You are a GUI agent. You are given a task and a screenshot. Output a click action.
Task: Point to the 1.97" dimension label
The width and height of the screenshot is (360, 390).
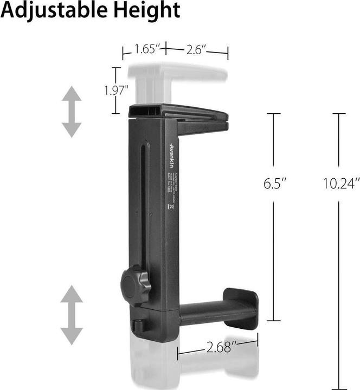click(116, 90)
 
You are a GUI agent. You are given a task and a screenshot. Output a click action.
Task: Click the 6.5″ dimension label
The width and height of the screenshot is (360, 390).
click(274, 183)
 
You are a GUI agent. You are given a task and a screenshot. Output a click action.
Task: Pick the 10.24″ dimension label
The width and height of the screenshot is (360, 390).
click(341, 183)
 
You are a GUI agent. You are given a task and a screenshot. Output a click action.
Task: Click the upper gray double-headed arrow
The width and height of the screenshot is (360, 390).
click(71, 112)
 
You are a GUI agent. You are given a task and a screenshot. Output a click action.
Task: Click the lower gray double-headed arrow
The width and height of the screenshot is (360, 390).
click(71, 315)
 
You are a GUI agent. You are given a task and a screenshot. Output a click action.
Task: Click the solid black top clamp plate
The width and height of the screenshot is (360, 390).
click(179, 113)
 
